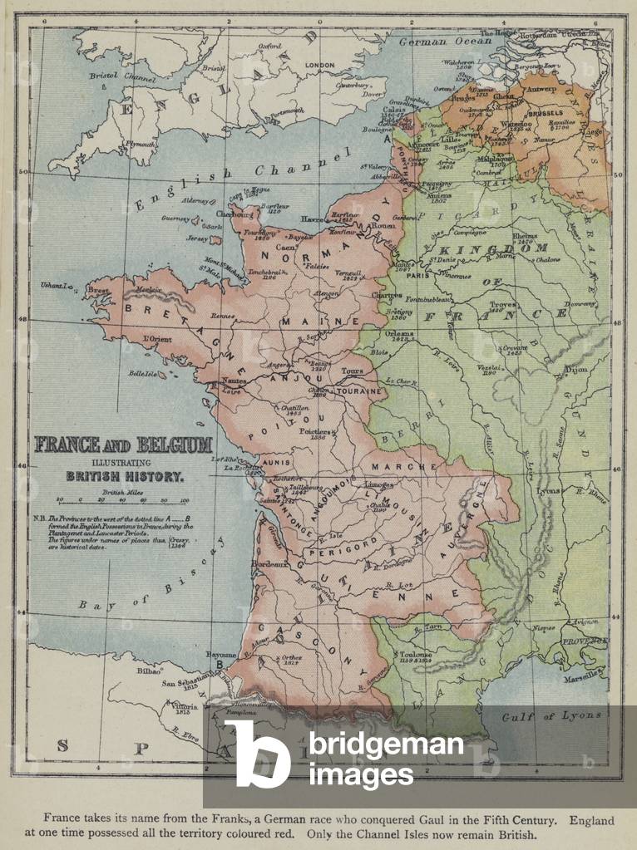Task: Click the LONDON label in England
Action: (x=319, y=65)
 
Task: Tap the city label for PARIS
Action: (x=417, y=276)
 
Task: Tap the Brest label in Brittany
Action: (x=98, y=291)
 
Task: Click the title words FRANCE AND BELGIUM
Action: (x=123, y=445)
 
